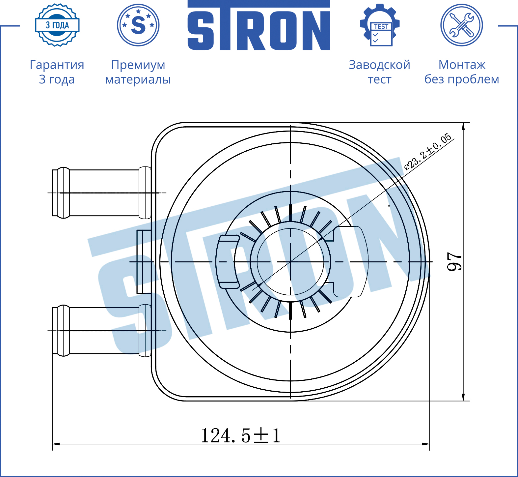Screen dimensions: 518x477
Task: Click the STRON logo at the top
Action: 259,25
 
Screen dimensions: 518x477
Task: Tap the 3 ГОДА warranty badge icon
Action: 57,25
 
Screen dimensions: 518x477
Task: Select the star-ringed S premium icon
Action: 138,25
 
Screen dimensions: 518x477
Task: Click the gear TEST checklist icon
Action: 380,25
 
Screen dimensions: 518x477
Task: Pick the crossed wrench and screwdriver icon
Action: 462,25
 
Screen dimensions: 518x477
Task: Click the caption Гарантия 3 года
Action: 57,72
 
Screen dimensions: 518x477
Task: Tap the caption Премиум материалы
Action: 138,72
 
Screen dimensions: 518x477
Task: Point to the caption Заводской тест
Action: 379,72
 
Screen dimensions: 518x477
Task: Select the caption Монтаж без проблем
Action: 462,72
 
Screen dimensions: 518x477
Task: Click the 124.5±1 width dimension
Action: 241,435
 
